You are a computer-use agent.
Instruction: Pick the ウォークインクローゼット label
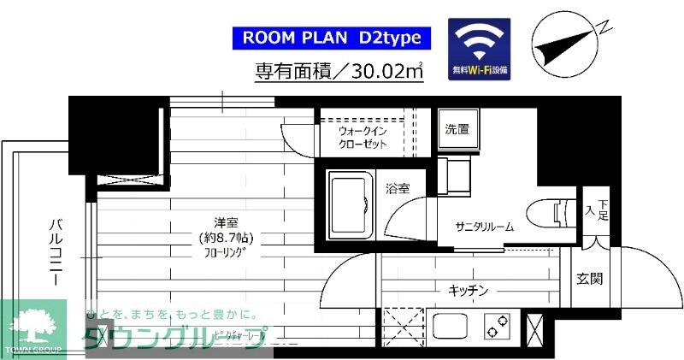pyautogui.click(x=364, y=138)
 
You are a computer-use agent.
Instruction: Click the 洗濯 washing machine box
pyautogui.click(x=457, y=130)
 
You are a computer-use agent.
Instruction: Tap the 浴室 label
pyautogui.click(x=398, y=187)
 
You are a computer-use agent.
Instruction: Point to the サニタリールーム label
pyautogui.click(x=485, y=227)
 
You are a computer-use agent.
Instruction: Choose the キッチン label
pyautogui.click(x=469, y=291)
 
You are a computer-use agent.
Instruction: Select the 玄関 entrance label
pyautogui.click(x=589, y=278)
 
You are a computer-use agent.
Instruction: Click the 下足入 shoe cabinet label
pyautogui.click(x=596, y=210)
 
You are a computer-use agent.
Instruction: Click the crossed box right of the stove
pyautogui.click(x=537, y=328)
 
